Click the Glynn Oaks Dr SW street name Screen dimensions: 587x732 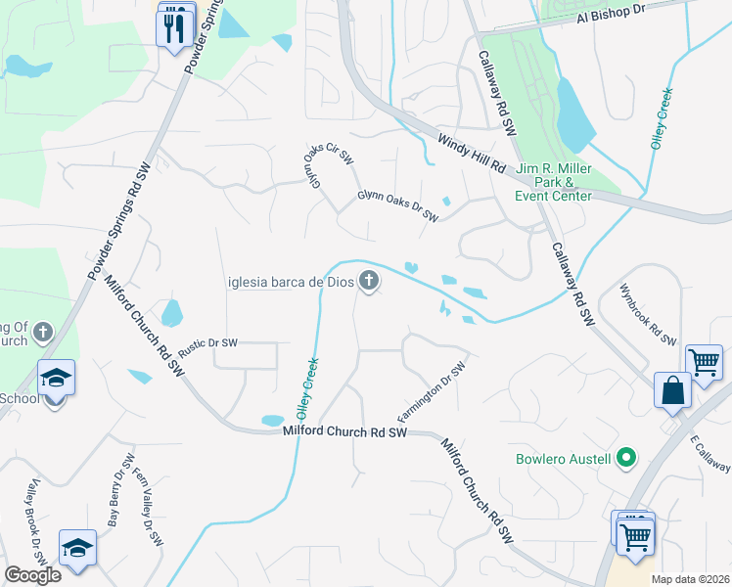coord(397,205)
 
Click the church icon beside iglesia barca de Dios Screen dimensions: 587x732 coord(369,283)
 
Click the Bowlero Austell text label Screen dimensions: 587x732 coord(564,459)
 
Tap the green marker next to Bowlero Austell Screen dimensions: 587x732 coord(627,458)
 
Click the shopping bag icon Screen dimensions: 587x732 coord(674,390)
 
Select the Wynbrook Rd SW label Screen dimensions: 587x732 coord(647,315)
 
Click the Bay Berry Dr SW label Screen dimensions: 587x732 coord(120,490)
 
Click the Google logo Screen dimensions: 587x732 coord(32,575)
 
